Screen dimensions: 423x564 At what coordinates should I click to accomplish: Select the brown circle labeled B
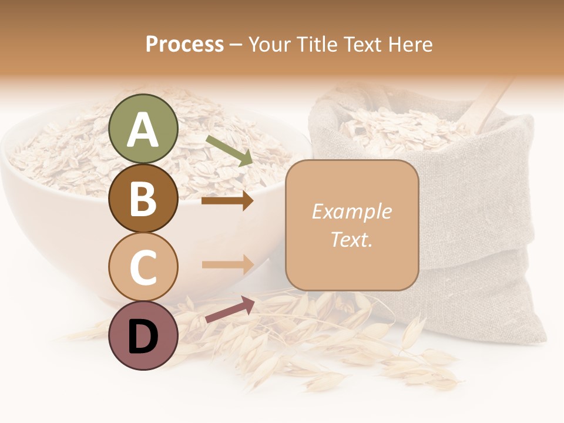tap(143, 198)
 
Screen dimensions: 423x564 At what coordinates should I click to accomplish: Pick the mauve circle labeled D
tap(143, 335)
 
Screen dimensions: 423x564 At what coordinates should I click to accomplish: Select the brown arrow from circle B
tap(227, 201)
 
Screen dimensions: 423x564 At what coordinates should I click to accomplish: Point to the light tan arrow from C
tap(227, 264)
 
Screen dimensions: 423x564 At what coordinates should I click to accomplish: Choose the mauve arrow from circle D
tap(230, 309)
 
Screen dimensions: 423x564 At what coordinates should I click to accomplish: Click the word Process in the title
tap(184, 44)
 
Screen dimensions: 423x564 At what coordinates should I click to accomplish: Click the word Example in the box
tap(351, 211)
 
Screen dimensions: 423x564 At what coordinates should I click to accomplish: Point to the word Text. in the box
tap(351, 239)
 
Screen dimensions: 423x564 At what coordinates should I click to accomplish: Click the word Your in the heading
tap(269, 44)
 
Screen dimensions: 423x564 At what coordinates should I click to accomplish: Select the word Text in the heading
tap(362, 44)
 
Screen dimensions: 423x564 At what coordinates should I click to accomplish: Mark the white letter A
tap(143, 130)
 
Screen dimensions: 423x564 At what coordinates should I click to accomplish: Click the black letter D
tap(143, 337)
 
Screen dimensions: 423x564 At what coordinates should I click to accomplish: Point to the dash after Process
tap(236, 45)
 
